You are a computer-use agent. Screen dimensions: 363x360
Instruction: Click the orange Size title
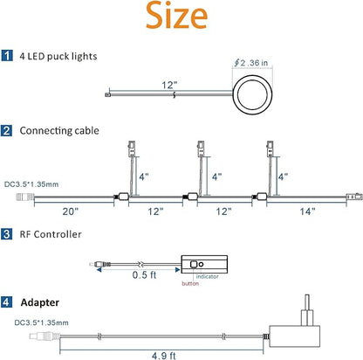[176, 15]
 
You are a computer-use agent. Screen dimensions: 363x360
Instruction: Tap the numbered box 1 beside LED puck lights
[7, 55]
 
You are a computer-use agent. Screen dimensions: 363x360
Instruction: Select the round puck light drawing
[252, 95]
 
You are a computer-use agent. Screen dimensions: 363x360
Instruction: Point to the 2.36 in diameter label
[251, 63]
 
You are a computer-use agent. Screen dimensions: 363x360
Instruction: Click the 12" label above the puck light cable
[169, 85]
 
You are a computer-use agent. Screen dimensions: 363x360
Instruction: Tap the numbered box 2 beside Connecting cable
[7, 130]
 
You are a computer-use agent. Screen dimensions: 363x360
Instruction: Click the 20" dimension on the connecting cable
[71, 211]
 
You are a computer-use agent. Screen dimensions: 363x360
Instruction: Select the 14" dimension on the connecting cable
[307, 211]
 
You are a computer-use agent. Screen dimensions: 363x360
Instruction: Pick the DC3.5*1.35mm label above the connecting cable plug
[31, 184]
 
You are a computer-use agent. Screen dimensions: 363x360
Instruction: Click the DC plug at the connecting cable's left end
[24, 197]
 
